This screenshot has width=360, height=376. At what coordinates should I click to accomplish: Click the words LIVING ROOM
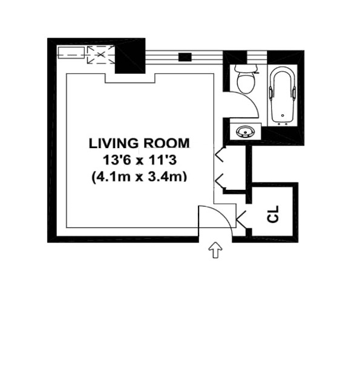tap(139, 143)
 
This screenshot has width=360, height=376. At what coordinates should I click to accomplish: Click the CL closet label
tap(273, 214)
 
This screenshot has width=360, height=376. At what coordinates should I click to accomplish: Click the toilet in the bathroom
tap(246, 81)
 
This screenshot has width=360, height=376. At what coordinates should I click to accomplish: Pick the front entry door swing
tap(218, 215)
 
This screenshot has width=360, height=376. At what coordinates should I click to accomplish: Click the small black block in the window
tap(186, 57)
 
